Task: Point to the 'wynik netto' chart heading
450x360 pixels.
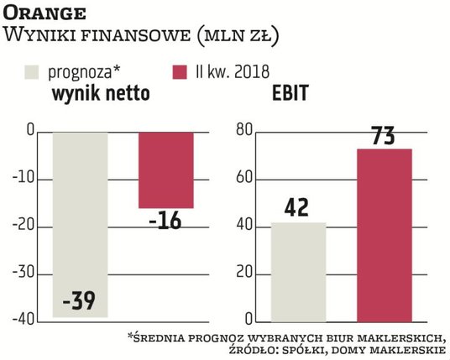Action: coord(101,94)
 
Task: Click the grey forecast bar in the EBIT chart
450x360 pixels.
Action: coord(297,272)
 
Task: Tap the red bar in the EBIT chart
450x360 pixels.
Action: coord(384,235)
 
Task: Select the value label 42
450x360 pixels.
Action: coord(297,206)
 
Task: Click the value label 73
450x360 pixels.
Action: coord(385,134)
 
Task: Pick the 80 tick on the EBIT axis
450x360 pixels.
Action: coord(244,132)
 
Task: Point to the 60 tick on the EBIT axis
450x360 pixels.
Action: coord(244,179)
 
